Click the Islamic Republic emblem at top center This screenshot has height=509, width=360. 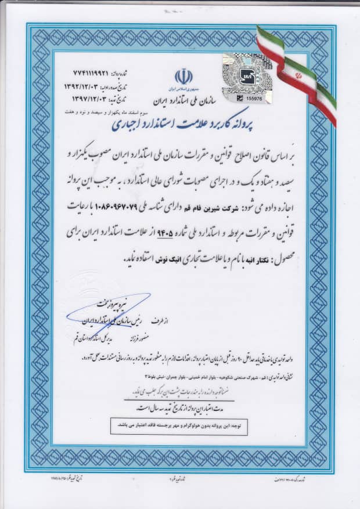pyautogui.click(x=183, y=77)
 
